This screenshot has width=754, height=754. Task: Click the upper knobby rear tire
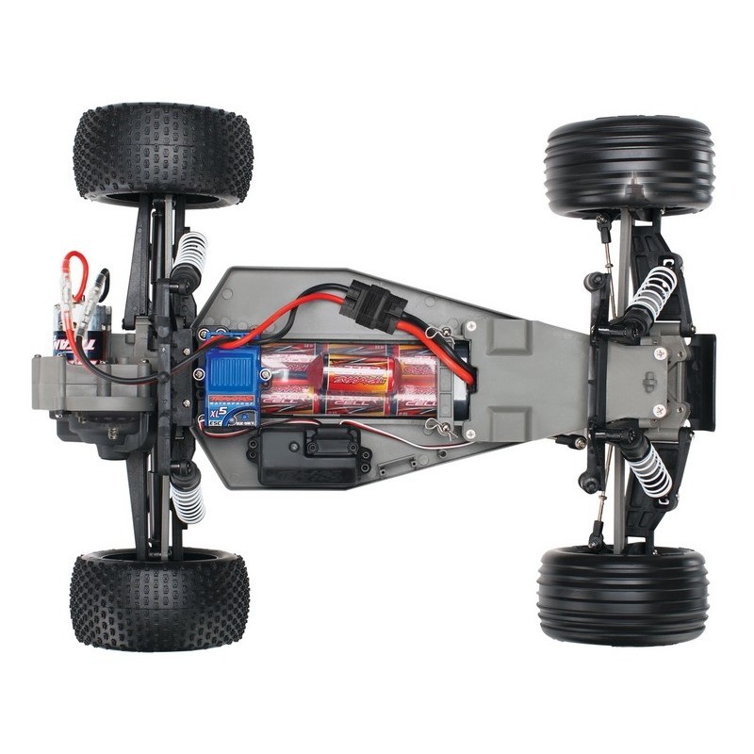162,154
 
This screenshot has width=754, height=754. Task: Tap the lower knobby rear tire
159,599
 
